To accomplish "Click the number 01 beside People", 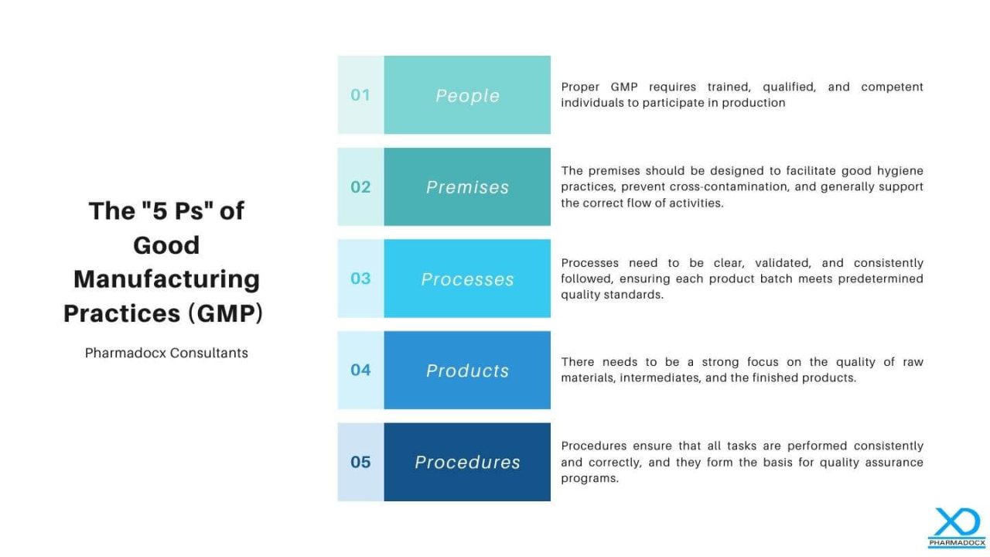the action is pos(360,95).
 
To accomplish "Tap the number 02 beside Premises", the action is pos(360,187).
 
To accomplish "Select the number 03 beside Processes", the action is pos(360,278).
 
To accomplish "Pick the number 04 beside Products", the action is pos(360,370).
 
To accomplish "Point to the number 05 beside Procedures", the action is pos(360,462).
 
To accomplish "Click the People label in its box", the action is pos(468,96).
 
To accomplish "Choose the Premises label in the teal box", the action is pos(468,187).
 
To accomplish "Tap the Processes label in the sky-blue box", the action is pos(468,279).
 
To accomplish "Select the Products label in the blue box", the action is pos(468,371).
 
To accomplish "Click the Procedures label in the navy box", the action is pos(468,463).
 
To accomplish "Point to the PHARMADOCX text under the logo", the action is pos(957,543).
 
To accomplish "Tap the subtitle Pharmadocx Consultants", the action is pos(166,354).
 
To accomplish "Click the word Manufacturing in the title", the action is pos(166,280).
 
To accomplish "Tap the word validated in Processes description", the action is pos(783,263).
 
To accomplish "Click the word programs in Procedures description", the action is pos(589,479).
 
